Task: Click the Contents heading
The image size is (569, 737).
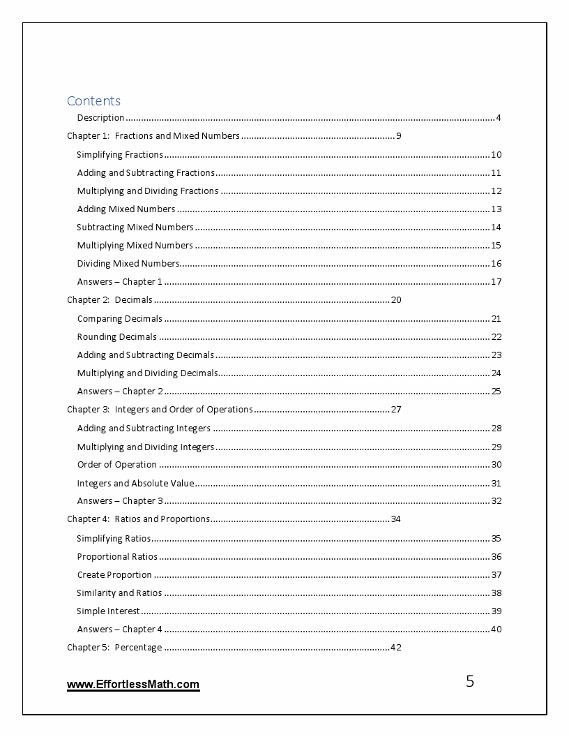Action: click(93, 100)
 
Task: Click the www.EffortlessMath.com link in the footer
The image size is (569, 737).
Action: click(133, 685)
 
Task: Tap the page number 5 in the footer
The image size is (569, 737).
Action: click(470, 682)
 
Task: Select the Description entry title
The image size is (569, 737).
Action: click(100, 117)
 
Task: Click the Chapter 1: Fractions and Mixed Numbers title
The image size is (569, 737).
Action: click(153, 136)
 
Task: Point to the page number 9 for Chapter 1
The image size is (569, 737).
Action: click(398, 136)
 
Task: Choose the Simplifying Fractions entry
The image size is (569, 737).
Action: click(120, 155)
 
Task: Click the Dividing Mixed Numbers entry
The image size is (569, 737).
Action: click(128, 264)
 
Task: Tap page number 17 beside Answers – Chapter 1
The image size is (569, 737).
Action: click(496, 282)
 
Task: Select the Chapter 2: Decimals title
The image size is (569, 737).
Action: click(109, 300)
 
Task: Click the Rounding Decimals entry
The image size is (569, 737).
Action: click(117, 337)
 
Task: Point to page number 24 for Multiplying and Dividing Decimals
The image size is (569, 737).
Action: click(496, 373)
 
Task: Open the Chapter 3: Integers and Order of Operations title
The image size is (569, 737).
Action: click(160, 410)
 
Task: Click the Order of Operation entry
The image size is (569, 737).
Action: click(117, 465)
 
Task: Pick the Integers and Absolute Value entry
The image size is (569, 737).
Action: click(135, 483)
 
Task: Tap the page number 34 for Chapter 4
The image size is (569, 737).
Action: click(395, 519)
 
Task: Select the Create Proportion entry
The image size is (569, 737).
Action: click(114, 575)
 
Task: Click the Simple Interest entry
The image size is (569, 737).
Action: click(108, 611)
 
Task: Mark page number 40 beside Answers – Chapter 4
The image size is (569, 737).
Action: click(496, 630)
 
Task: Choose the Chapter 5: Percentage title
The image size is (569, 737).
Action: click(114, 648)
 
